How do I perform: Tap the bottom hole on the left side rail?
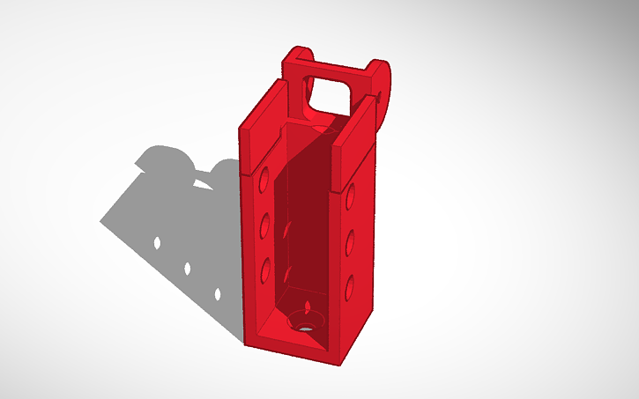point(264,267)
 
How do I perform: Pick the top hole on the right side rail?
point(351,197)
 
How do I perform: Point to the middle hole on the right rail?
point(350,240)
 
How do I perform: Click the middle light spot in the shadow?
point(188,267)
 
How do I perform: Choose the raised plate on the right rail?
point(357,141)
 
